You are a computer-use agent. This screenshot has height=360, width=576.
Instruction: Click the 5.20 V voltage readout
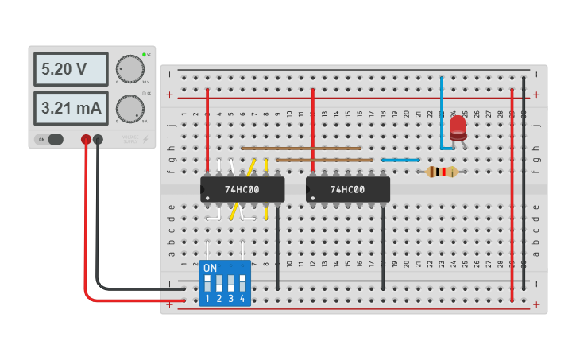point(70,69)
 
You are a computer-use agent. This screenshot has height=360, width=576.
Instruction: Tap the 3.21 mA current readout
point(70,108)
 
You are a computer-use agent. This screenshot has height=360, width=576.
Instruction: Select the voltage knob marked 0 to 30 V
point(130,68)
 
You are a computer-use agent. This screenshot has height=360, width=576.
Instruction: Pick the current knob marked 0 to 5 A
point(130,107)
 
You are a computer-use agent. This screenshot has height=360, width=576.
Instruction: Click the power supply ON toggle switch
point(51,140)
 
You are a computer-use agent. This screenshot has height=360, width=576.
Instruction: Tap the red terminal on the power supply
point(86,140)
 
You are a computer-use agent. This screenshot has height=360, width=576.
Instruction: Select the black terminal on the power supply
point(98,140)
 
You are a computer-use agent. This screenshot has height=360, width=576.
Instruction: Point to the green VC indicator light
point(144,55)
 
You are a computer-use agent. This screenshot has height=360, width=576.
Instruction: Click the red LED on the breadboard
point(458,129)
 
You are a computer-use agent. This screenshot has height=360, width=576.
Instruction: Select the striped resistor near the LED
point(442,172)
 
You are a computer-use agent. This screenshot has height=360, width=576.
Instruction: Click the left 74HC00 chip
point(242,190)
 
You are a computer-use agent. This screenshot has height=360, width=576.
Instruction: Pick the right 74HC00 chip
point(348,190)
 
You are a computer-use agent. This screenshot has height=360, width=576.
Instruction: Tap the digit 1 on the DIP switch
point(207,299)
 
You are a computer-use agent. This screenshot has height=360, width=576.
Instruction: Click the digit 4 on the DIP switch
point(242,299)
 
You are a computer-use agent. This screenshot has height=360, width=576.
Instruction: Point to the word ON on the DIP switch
point(210,269)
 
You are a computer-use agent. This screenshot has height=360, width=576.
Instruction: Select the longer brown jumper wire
point(301,148)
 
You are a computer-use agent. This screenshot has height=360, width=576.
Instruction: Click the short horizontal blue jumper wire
point(400,160)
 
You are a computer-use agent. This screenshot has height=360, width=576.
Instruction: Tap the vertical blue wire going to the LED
point(442,111)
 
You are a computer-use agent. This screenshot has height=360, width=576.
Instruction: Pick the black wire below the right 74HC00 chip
point(383,246)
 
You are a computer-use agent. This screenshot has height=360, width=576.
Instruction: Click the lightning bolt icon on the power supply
point(145,140)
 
